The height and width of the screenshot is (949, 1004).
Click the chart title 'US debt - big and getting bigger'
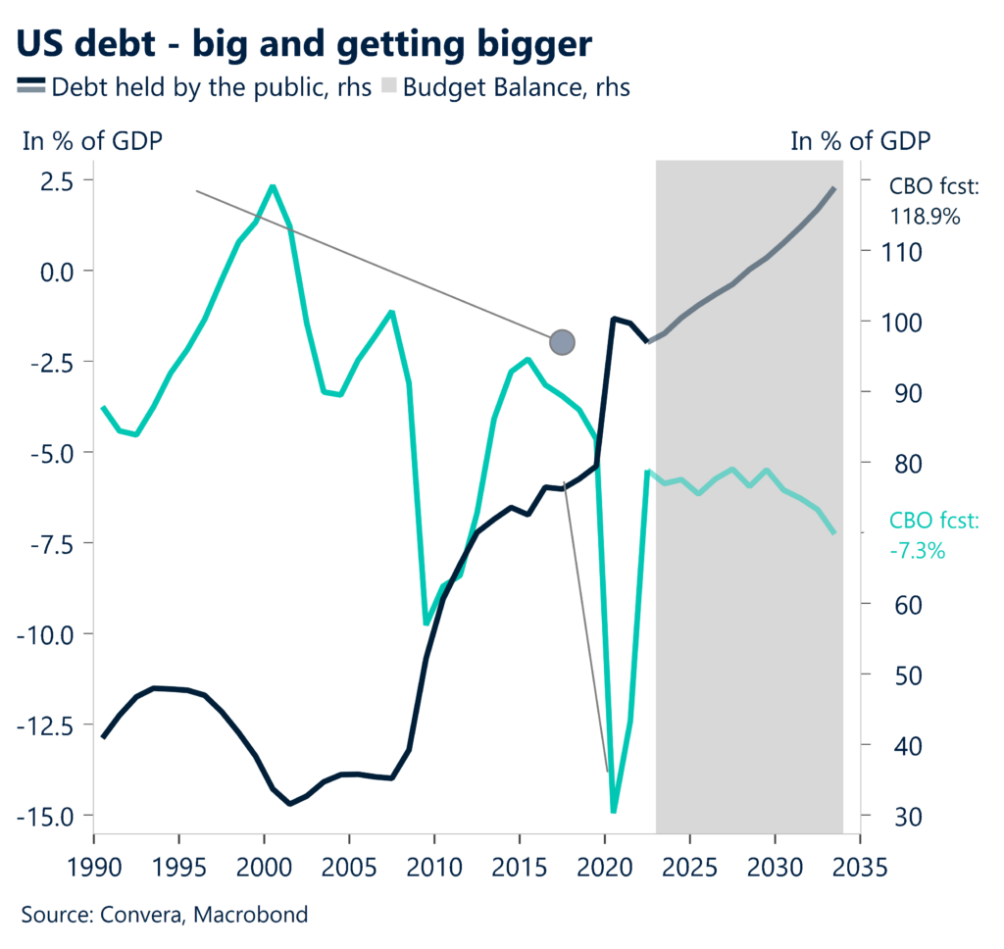305,45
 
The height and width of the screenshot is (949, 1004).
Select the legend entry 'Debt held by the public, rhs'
211,87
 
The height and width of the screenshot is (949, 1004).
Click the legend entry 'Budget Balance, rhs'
516,87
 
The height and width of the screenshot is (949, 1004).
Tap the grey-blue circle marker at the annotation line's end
562,342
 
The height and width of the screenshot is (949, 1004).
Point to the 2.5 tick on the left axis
57,180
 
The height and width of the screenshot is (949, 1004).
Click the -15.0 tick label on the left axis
50,815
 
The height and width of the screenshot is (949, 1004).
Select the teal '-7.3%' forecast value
917,551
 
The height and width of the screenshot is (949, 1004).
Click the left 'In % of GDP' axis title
93,141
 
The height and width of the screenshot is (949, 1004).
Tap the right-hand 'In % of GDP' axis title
861,141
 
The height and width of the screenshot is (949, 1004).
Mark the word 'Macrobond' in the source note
251,916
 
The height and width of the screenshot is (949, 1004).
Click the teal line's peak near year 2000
272,186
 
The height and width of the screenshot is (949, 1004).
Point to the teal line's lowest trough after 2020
614,811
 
